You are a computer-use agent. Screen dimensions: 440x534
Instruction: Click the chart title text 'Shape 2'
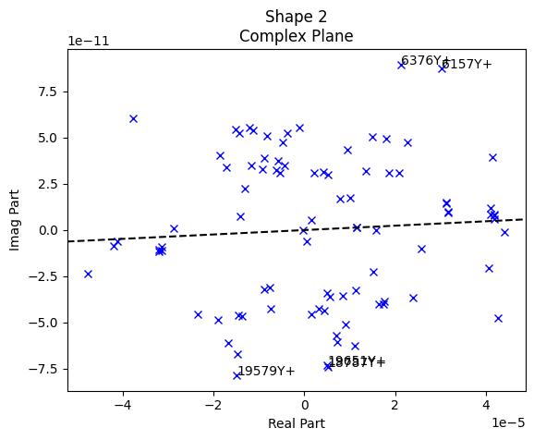(x=296, y=17)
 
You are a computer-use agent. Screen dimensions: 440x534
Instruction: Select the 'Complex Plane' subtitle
(x=296, y=37)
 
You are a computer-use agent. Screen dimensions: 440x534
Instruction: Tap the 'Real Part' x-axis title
(x=296, y=423)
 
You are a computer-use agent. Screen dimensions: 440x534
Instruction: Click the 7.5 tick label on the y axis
(x=47, y=92)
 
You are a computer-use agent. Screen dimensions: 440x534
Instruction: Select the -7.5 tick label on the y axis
(x=44, y=369)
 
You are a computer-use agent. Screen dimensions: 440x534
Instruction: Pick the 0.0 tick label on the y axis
(x=47, y=230)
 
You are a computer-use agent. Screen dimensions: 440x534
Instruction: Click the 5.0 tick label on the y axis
(x=47, y=138)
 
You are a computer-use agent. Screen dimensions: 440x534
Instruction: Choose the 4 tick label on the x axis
(x=486, y=404)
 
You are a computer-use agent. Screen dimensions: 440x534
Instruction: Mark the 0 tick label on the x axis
(x=304, y=404)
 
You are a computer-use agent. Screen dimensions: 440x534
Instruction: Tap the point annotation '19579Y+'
(x=266, y=372)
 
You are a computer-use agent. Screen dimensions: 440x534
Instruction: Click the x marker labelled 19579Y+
(x=237, y=375)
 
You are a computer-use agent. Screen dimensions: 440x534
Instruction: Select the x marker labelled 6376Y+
(x=401, y=65)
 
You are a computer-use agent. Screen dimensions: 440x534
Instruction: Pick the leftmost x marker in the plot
(x=88, y=274)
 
